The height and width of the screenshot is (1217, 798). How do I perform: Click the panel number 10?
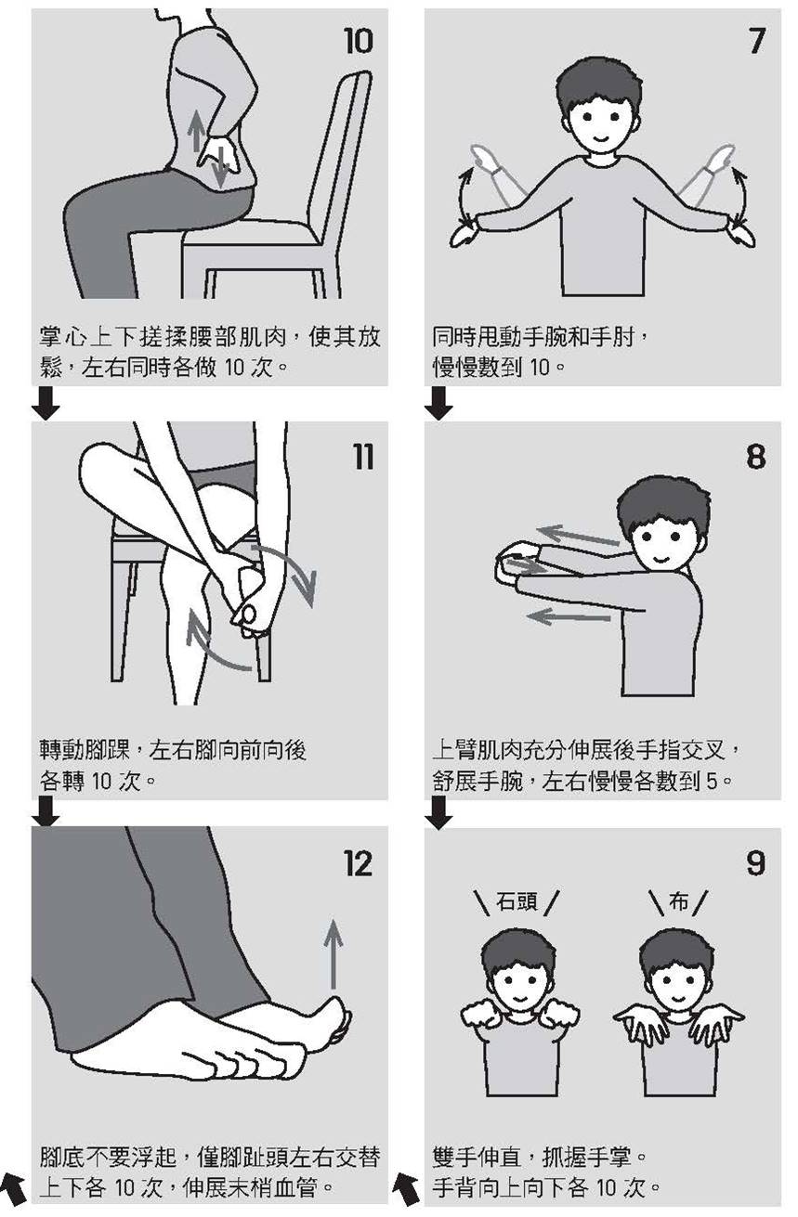point(358,41)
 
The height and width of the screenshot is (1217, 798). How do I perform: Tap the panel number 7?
point(756,41)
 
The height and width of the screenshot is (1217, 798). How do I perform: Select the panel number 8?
point(756,457)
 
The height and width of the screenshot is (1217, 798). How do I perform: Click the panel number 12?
point(358,864)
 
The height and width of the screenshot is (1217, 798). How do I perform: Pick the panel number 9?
point(756,864)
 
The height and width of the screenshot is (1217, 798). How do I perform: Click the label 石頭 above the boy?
point(517,900)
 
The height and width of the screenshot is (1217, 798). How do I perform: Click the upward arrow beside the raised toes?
point(334,952)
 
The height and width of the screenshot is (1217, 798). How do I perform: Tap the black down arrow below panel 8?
point(438,813)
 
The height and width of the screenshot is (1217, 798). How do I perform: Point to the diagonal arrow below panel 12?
point(14,1187)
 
